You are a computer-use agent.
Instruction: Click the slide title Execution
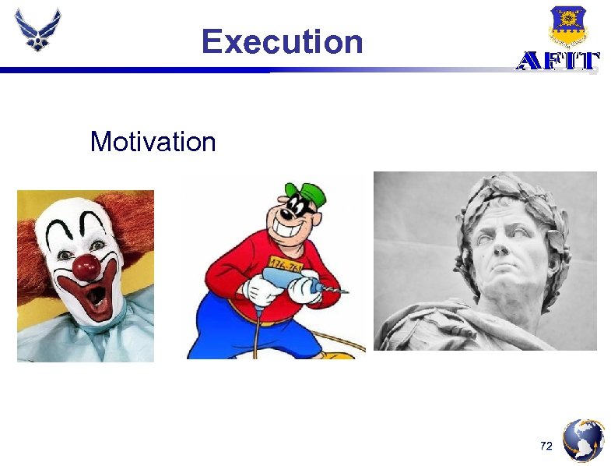click(282, 41)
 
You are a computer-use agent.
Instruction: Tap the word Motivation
click(153, 142)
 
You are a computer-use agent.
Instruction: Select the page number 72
click(546, 446)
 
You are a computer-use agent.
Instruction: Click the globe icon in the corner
click(583, 440)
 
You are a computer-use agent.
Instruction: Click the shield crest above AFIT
click(567, 26)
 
